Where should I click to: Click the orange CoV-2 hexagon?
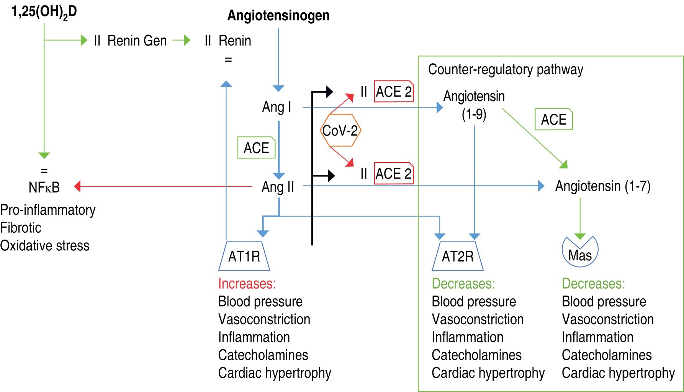pos(340,131)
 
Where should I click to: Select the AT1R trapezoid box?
pos(244,256)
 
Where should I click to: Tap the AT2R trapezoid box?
pos(458,256)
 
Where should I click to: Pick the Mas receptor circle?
pos(580,252)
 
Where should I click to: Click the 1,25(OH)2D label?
pos(44,12)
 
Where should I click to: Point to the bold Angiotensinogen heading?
pos(278,16)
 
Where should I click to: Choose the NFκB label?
pos(44,187)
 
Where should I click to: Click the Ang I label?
pos(277,107)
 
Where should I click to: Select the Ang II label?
pos(278,187)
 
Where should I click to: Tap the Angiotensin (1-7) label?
pos(603,186)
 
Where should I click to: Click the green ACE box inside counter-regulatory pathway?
pos(553,119)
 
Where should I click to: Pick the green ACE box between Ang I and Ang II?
pos(256,148)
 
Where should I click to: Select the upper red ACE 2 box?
pos(394,91)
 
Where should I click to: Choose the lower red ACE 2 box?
pos(394,173)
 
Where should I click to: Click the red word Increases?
pos(247,284)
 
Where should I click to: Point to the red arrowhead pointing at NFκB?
pos(77,186)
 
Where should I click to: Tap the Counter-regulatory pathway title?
pos(506,70)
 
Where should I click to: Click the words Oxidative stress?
pos(45,246)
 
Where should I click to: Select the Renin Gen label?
pos(137,41)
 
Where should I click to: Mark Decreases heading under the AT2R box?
pos(463,284)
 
